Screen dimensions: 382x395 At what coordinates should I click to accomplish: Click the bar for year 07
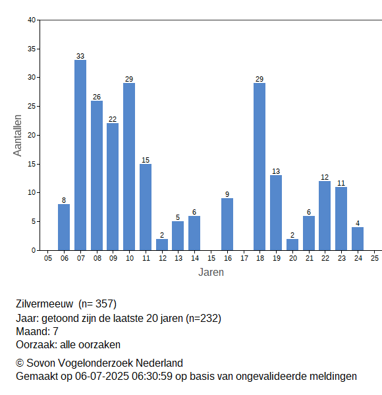click(80, 155)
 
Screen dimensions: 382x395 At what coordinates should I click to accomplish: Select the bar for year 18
click(259, 167)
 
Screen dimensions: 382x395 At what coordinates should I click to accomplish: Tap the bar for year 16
click(227, 224)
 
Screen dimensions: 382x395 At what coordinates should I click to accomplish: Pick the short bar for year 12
click(162, 245)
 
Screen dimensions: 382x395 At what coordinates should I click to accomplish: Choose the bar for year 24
click(358, 239)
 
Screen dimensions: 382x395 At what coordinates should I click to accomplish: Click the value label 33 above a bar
click(80, 56)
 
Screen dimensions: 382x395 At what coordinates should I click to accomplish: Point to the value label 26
click(97, 97)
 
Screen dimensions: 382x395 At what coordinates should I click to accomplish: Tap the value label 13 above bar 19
click(276, 171)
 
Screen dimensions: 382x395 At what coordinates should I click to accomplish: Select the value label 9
click(227, 194)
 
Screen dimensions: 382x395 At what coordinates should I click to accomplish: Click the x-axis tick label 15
click(211, 258)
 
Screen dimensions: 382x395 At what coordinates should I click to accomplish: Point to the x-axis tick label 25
click(375, 258)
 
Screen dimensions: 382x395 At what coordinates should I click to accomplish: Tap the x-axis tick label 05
click(48, 258)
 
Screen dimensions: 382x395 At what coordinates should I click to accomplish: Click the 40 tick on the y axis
click(32, 20)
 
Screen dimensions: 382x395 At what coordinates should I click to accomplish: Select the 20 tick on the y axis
click(32, 135)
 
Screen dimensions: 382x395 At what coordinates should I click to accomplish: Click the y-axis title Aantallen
click(18, 136)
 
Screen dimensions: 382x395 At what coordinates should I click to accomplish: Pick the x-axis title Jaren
click(211, 273)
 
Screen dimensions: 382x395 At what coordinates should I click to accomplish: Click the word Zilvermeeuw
click(45, 303)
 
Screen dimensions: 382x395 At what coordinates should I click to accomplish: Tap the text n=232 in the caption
click(203, 319)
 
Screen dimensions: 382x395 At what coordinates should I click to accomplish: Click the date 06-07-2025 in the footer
click(102, 377)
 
